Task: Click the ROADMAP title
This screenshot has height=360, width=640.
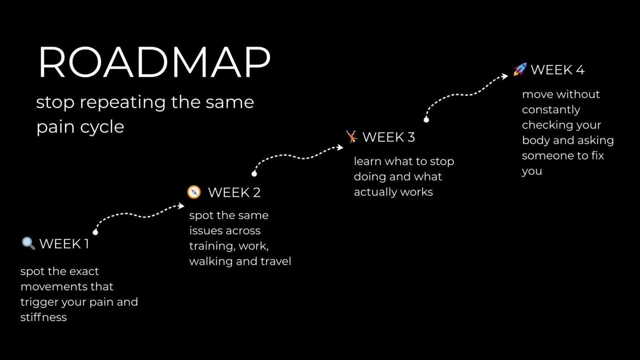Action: pyautogui.click(x=154, y=62)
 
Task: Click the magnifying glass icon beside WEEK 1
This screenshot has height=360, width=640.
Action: pyautogui.click(x=28, y=244)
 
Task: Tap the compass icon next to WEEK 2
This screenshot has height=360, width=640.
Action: pyautogui.click(x=194, y=192)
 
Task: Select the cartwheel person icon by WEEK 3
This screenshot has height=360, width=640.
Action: pyautogui.click(x=352, y=136)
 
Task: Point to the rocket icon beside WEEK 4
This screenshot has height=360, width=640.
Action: pyautogui.click(x=520, y=69)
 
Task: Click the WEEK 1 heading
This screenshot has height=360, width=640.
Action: pyautogui.click(x=64, y=244)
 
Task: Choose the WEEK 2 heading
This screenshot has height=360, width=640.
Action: pyautogui.click(x=234, y=192)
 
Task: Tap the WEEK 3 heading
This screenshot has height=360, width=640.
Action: pyautogui.click(x=388, y=137)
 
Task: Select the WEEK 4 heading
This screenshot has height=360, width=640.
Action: pyautogui.click(x=557, y=70)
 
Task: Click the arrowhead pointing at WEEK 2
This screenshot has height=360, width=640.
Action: pyautogui.click(x=181, y=206)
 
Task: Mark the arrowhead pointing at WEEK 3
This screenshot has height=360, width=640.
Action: pyautogui.click(x=340, y=148)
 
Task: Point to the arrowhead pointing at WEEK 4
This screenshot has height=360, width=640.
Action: pyautogui.click(x=505, y=76)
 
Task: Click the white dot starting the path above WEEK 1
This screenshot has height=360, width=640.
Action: pyautogui.click(x=96, y=232)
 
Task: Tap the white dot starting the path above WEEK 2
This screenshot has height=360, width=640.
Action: pyautogui.click(x=254, y=174)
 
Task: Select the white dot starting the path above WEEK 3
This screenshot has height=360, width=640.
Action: pyautogui.click(x=426, y=120)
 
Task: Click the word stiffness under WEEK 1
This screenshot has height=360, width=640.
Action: pyautogui.click(x=44, y=317)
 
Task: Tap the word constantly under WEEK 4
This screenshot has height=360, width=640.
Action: pyautogui.click(x=551, y=110)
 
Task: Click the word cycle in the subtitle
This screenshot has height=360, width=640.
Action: pyautogui.click(x=102, y=127)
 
